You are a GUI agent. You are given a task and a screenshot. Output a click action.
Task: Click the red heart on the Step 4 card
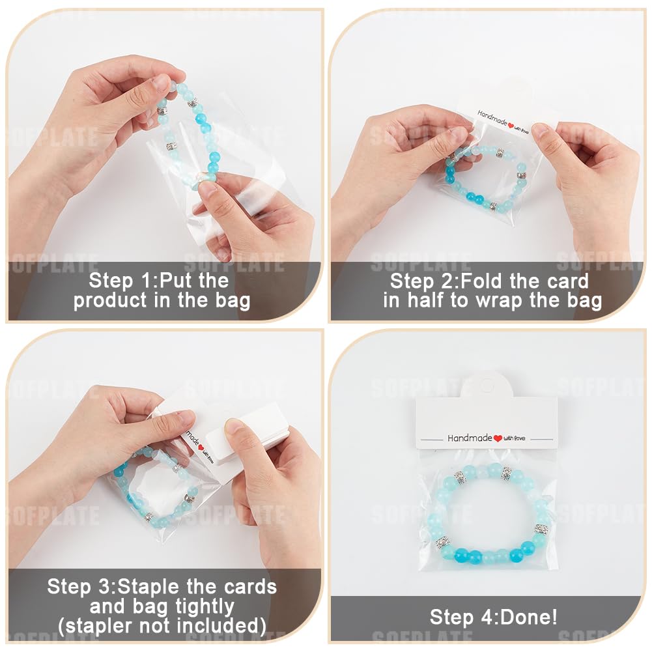(498, 438)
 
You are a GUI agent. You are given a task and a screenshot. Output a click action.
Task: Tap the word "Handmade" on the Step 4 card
(470, 438)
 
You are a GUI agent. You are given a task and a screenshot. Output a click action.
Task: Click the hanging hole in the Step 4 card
(487, 386)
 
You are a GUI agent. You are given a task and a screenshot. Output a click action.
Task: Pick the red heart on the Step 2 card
(511, 125)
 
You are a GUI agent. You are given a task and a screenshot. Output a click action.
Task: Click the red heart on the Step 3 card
(201, 447)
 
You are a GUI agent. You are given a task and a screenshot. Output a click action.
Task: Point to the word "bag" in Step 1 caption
(233, 301)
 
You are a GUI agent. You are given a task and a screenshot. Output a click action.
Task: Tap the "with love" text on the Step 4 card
(515, 438)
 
